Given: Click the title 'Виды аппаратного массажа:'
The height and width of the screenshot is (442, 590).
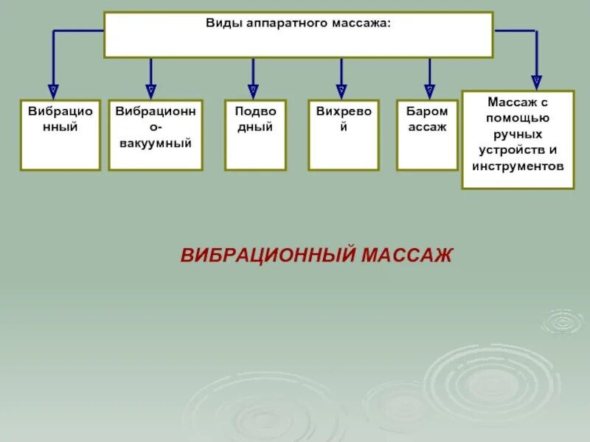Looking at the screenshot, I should tap(298, 24).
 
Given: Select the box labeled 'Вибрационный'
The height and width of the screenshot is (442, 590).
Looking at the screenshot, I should tap(60, 135).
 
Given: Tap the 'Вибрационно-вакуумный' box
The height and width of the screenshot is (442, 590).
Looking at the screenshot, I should tap(156, 135).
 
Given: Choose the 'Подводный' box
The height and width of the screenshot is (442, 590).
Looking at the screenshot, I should tap(255, 135).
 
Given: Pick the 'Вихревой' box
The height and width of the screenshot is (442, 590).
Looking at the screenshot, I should tap(343, 135).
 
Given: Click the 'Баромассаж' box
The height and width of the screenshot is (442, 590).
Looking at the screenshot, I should tap(427, 135).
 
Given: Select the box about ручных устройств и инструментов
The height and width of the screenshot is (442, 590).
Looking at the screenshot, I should tap(518, 139).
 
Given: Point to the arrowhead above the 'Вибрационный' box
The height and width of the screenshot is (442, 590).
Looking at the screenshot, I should tap(52, 89).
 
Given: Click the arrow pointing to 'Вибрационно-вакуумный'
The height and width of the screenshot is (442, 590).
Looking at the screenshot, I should tap(151, 89).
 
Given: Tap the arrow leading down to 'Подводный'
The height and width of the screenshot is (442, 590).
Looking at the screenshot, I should tap(253, 89).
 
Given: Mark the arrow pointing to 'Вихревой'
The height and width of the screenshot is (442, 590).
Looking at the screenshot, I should tap(341, 89).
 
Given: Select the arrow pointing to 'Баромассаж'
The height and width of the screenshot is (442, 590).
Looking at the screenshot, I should tap(430, 89).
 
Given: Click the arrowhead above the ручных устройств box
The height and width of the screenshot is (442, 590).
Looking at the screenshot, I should tap(536, 80).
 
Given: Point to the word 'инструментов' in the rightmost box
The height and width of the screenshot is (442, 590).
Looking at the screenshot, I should tap(518, 166).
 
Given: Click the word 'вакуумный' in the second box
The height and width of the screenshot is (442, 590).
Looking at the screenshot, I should tap(156, 143).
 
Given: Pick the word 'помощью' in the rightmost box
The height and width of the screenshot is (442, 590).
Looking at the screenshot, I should tap(518, 118).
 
